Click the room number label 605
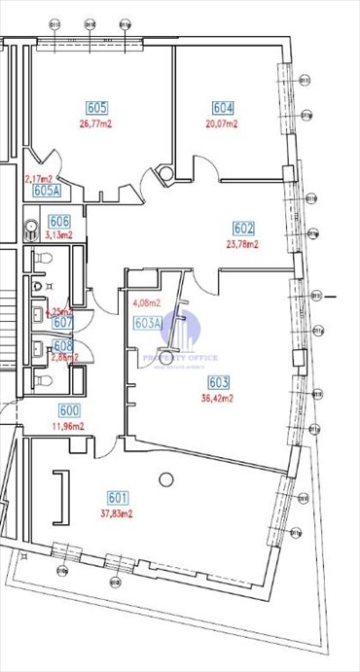coord(96,108)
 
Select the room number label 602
coord(243,230)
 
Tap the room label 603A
coord(148,322)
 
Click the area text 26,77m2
coord(96,124)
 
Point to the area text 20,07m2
coord(222,124)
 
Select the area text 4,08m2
coord(145,302)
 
